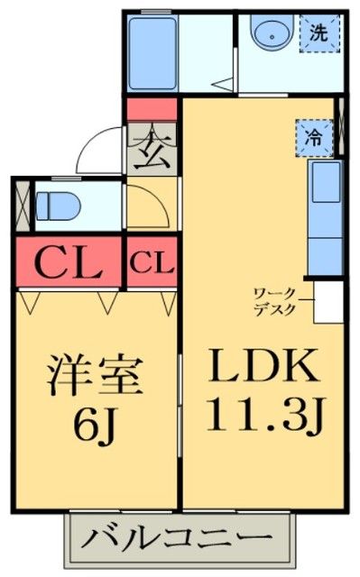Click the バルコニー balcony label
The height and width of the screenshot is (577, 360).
(x=180, y=538)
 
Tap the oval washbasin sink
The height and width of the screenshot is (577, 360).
(x=269, y=36)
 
